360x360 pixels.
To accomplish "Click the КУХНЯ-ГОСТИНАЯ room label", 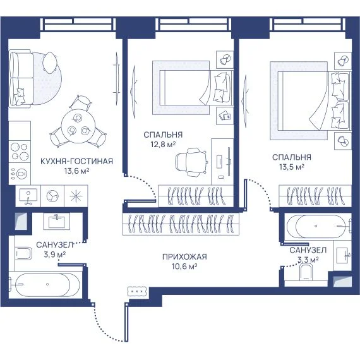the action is pyautogui.click(x=76, y=161).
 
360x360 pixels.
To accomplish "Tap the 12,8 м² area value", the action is pyautogui.click(x=163, y=145).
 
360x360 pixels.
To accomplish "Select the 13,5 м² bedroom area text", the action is pyautogui.click(x=292, y=167).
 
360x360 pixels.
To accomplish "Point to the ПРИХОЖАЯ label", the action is pyautogui.click(x=184, y=256).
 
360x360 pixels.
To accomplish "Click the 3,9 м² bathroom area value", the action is pyautogui.click(x=55, y=254).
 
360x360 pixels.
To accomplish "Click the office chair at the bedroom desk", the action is pyautogui.click(x=191, y=162).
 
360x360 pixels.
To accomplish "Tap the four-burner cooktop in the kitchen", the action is pyautogui.click(x=20, y=152).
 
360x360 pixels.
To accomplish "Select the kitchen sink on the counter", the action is pyautogui.click(x=28, y=196).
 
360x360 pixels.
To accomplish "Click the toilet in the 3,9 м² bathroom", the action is pyautogui.click(x=23, y=253).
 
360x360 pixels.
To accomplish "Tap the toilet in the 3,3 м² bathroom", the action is pyautogui.click(x=306, y=272).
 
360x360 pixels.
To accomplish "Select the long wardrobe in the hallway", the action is pyautogui.click(x=181, y=224).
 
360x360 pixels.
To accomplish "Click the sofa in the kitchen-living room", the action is pyautogui.click(x=21, y=78).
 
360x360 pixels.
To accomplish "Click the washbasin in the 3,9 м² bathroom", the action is pyautogui.click(x=56, y=221).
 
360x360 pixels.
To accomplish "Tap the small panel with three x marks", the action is pyautogui.click(x=137, y=291).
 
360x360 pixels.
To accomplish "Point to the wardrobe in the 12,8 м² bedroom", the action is pyautogui.click(x=196, y=196).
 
